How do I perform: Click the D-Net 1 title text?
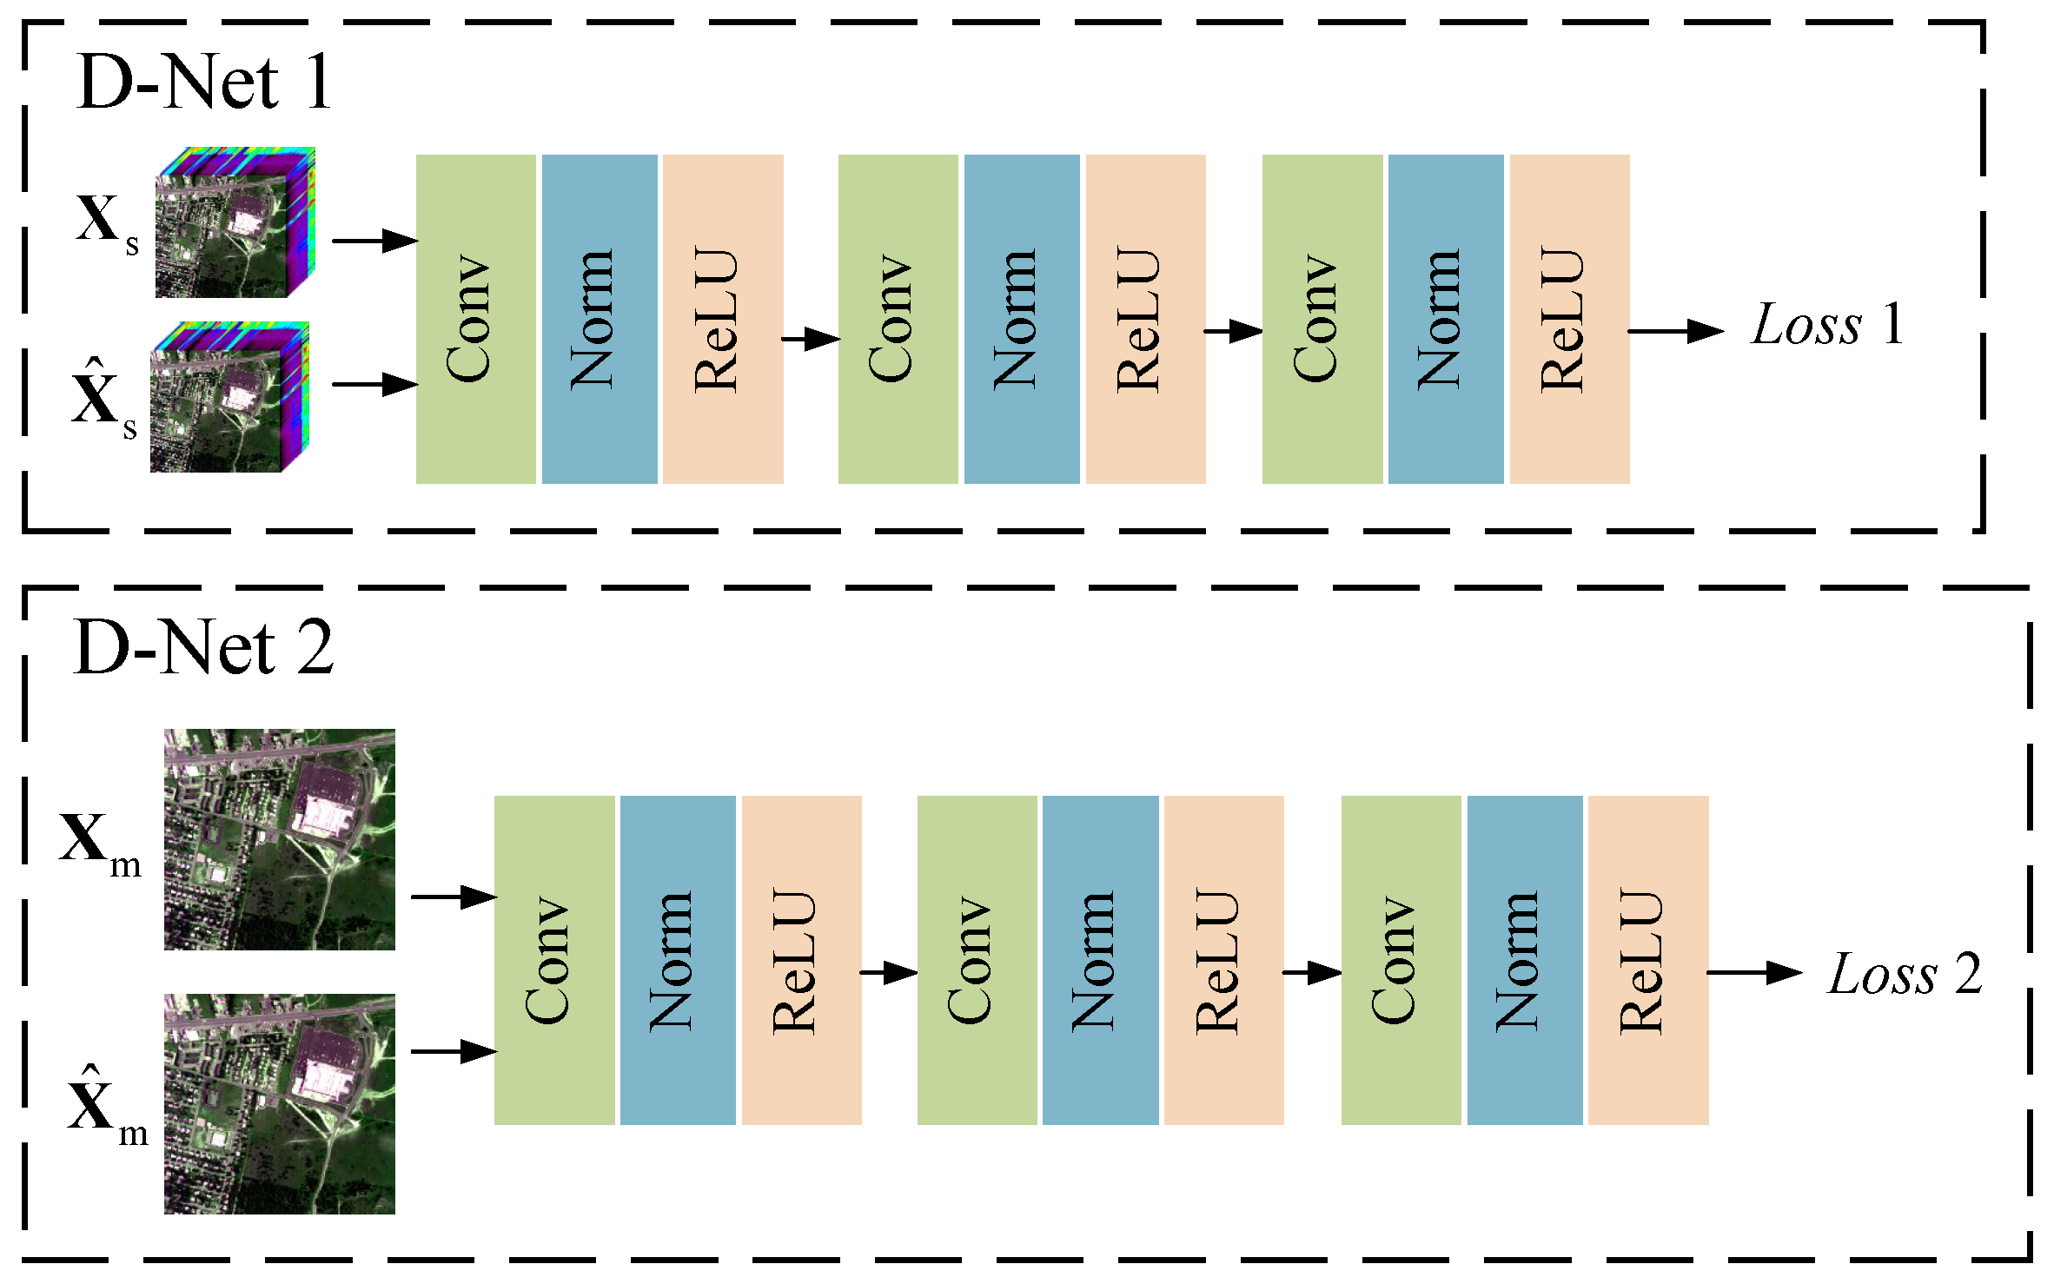coord(204,83)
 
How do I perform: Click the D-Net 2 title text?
coord(204,648)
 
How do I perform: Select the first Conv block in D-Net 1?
coord(475,319)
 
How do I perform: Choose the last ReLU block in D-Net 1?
coord(1569,319)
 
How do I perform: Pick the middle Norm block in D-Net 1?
coord(1022,319)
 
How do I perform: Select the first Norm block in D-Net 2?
coord(678,960)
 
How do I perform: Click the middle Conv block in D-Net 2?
coord(977,960)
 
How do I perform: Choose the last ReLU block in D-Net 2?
coord(1648,960)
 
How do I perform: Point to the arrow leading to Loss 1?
coord(1675,331)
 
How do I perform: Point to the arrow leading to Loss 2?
coord(1753,972)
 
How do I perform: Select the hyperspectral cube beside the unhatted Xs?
coord(235,223)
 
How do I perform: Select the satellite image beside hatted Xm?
coord(279,1104)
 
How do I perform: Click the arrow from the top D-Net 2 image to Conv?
coord(453,897)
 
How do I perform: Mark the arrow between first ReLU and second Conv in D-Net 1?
coord(810,339)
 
